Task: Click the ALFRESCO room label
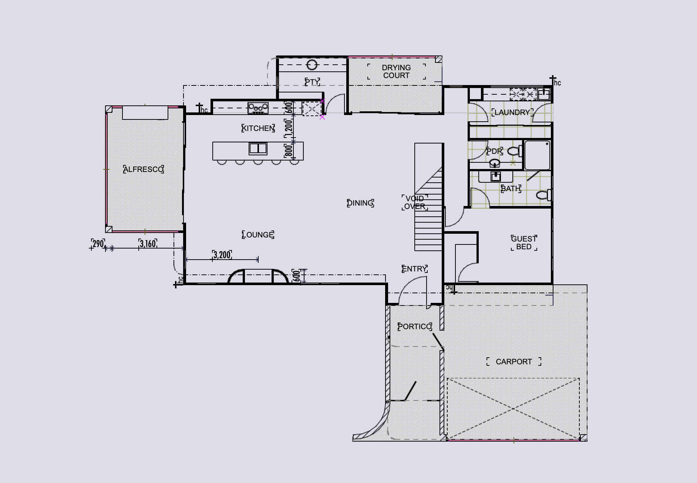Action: tap(143, 169)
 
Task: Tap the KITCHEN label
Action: tap(258, 128)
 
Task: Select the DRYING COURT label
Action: tap(396, 71)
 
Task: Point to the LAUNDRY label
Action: tap(512, 112)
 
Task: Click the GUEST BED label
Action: tap(524, 243)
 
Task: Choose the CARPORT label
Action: tap(514, 362)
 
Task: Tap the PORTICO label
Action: tap(415, 327)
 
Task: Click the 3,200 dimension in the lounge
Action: tap(222, 255)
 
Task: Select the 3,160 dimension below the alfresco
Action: tap(148, 244)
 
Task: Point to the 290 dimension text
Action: tap(98, 244)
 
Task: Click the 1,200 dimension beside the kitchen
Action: tap(289, 127)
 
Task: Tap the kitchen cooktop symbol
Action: tap(258, 108)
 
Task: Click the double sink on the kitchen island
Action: tap(258, 148)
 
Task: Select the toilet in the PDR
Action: tap(515, 151)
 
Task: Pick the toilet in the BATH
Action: tap(544, 195)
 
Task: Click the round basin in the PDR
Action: tap(495, 163)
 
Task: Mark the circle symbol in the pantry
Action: tap(312, 65)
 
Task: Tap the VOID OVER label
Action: tap(415, 203)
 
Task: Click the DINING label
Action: tap(360, 203)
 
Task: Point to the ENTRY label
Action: tap(415, 269)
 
